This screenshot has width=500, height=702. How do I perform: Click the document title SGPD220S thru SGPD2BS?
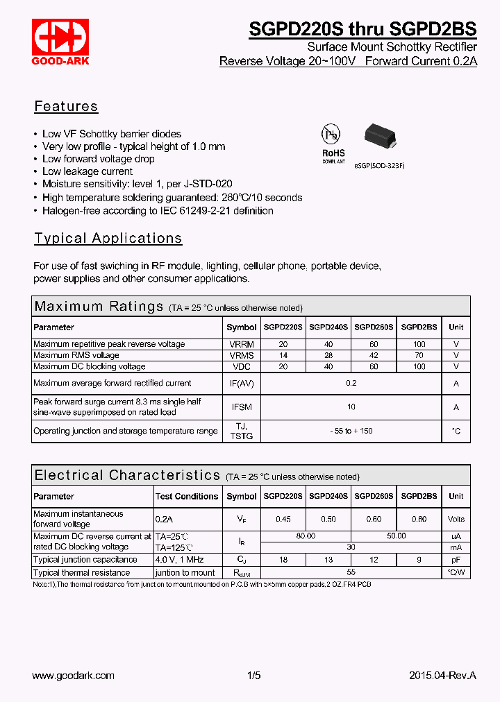pyautogui.click(x=362, y=29)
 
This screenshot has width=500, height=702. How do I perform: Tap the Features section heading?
pyautogui.click(x=66, y=107)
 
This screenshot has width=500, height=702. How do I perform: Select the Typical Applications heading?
pyautogui.click(x=108, y=239)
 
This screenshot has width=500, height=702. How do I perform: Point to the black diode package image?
pyautogui.click(x=379, y=136)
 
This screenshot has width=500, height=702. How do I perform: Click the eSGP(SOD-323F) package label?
pyautogui.click(x=379, y=166)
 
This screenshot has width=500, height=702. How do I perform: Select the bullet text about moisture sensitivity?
pyautogui.click(x=137, y=184)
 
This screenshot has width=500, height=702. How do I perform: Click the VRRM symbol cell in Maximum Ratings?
pyautogui.click(x=241, y=344)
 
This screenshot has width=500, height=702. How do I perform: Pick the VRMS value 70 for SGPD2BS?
pyautogui.click(x=419, y=355)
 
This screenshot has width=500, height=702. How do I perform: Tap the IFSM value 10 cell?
pyautogui.click(x=351, y=407)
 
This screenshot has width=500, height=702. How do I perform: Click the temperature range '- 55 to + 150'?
pyautogui.click(x=351, y=431)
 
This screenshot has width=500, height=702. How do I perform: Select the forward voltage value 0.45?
pyautogui.click(x=283, y=519)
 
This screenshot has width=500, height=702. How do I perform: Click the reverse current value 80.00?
pyautogui.click(x=305, y=536)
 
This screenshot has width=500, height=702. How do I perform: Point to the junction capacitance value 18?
pyautogui.click(x=283, y=560)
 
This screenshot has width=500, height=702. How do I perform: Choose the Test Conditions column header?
pyautogui.click(x=186, y=497)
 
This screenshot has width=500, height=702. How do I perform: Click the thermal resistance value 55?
pyautogui.click(x=351, y=573)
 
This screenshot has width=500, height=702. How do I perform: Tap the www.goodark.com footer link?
pyautogui.click(x=74, y=676)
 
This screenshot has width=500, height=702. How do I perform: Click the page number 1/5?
pyautogui.click(x=253, y=676)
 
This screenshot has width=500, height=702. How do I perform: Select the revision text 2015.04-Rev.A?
pyautogui.click(x=442, y=676)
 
